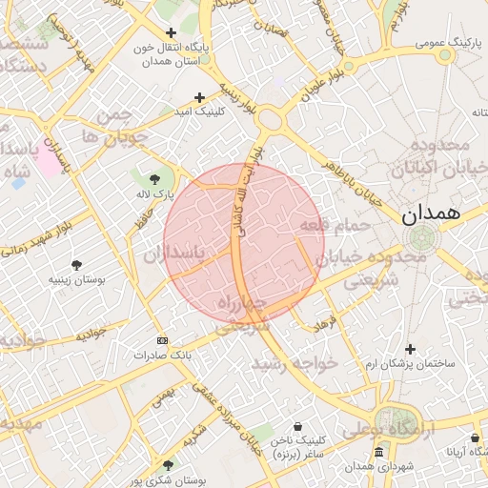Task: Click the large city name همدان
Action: tap(430, 214)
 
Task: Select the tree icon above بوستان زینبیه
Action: tap(76, 264)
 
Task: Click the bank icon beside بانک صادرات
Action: tap(161, 340)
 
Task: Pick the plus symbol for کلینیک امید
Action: tap(199, 97)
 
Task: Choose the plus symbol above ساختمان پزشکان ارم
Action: tap(410, 349)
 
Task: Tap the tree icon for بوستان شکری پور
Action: tap(169, 465)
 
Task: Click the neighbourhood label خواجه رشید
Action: tap(295, 363)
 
